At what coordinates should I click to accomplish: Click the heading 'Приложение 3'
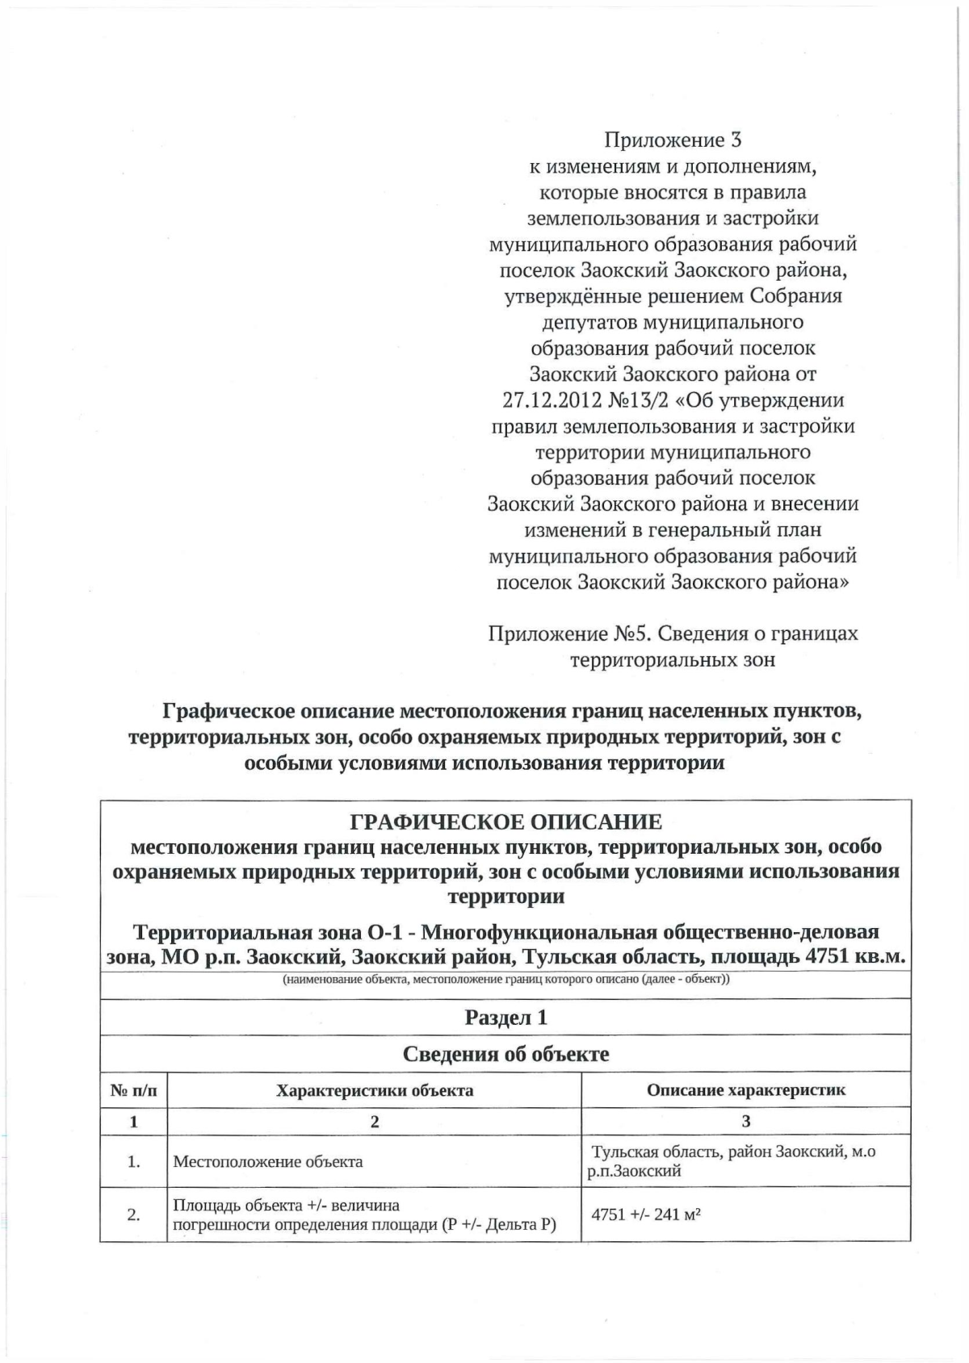[x=673, y=140]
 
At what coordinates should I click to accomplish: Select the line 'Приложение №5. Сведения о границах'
[x=673, y=633]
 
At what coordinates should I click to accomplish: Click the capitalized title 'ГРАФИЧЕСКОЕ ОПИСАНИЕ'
[x=505, y=822]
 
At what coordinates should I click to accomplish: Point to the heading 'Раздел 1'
[x=505, y=1017]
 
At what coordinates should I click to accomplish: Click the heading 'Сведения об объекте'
[x=505, y=1054]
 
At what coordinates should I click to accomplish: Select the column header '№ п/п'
[x=133, y=1091]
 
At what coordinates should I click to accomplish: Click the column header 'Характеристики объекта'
[x=375, y=1091]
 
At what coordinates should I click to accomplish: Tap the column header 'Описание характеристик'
[x=746, y=1090]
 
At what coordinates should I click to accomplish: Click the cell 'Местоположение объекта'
[x=268, y=1162]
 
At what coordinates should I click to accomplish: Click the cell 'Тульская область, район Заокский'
[x=732, y=1152]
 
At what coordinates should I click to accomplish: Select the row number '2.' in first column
[x=134, y=1215]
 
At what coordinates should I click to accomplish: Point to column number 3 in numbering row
[x=746, y=1121]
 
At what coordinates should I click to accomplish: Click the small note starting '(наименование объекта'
[x=505, y=980]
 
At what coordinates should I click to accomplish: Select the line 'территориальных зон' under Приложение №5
[x=673, y=659]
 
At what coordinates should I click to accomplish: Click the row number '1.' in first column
[x=134, y=1162]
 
